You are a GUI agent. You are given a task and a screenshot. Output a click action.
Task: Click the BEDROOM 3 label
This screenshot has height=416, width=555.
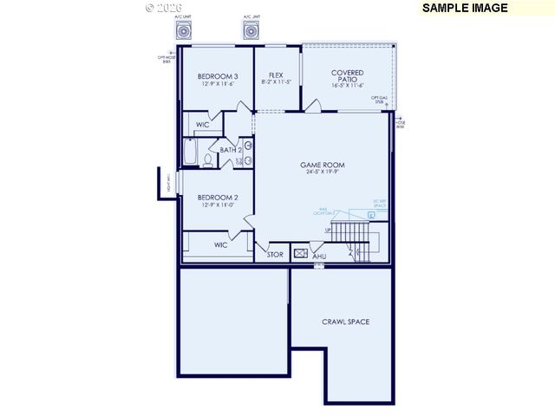tap(218, 75)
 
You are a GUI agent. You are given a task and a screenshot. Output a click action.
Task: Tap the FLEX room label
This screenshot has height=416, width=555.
tap(276, 75)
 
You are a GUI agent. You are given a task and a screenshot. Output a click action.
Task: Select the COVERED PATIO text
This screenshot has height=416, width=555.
tap(347, 76)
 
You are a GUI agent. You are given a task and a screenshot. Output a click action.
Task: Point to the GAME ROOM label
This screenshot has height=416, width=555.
tap(323, 165)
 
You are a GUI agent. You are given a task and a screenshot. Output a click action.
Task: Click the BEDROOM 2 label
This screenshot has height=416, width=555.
tap(218, 197)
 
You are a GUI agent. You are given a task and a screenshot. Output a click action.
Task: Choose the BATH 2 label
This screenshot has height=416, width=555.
tap(230, 150)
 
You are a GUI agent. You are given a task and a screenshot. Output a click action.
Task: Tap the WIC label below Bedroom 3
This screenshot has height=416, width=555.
tap(202, 125)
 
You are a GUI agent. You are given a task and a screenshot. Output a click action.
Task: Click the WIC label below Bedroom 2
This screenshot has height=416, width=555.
tap(220, 245)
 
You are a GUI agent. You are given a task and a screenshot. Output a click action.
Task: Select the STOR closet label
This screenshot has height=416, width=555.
tap(275, 255)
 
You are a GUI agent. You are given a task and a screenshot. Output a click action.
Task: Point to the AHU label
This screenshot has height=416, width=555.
tap(319, 257)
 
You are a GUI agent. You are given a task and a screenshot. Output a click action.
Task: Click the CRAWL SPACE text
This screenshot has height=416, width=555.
tap(345, 322)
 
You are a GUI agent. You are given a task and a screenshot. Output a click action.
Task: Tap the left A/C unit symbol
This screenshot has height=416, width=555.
tap(183, 32)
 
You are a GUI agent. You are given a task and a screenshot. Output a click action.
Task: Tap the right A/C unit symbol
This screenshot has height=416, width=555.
tap(252, 32)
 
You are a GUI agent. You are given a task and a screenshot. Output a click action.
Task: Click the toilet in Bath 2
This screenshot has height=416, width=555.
tap(208, 159)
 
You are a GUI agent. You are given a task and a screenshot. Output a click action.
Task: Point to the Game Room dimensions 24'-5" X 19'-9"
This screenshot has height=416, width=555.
tap(323, 173)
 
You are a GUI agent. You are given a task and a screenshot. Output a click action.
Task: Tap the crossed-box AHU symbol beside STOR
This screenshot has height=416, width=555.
tap(301, 254)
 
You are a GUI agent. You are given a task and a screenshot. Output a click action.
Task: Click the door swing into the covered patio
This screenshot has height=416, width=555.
tap(313, 107)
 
